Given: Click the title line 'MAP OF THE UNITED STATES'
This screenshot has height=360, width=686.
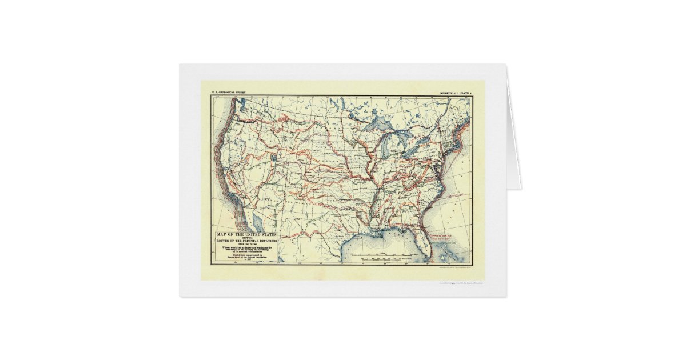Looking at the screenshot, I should (245, 235).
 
